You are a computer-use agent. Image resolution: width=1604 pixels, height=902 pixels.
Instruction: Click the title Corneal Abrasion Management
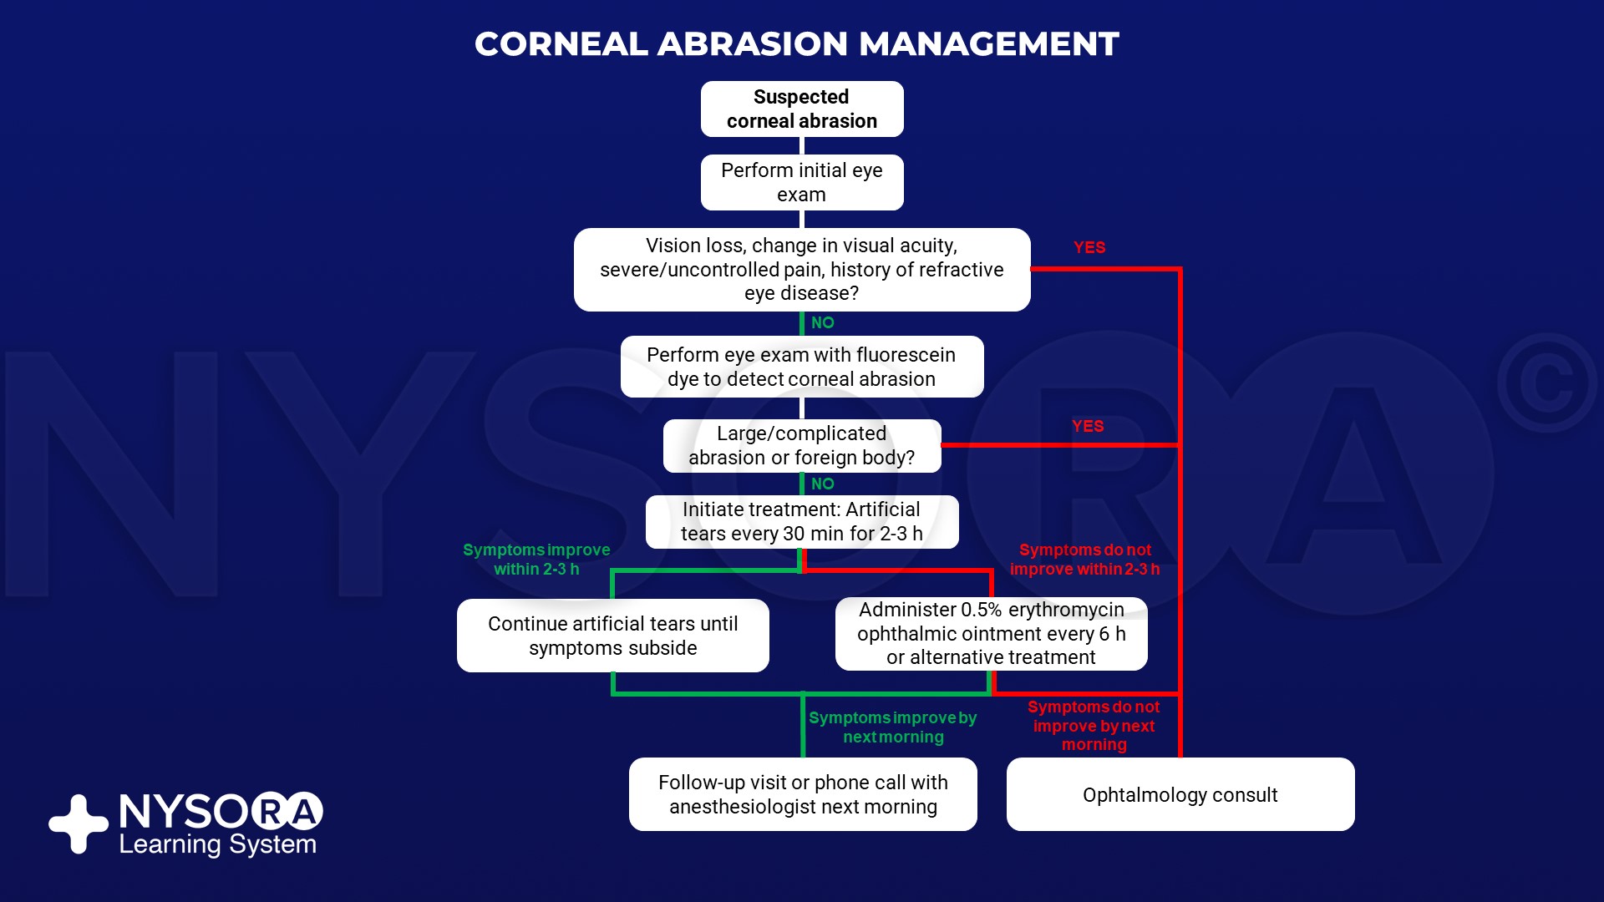click(796, 44)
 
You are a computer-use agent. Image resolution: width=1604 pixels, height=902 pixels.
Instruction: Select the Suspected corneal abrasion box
click(801, 109)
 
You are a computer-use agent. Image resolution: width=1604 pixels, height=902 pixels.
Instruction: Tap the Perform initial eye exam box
click(801, 182)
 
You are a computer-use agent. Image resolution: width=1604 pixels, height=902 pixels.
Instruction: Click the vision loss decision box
click(801, 269)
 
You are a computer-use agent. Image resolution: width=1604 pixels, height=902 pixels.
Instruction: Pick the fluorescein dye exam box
click(801, 367)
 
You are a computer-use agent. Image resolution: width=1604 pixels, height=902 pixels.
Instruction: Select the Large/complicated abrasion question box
click(801, 445)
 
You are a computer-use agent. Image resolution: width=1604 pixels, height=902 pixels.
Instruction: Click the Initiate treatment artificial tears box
click(801, 521)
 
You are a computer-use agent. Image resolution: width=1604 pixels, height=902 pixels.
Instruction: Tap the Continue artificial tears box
click(612, 636)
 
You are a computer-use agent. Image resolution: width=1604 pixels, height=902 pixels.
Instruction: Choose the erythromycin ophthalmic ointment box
click(991, 633)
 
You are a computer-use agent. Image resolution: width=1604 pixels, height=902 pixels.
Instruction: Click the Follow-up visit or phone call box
click(802, 794)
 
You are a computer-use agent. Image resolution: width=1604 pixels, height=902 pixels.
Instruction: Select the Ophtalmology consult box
click(1180, 794)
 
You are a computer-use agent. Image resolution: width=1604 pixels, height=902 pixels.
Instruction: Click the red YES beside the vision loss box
click(1089, 247)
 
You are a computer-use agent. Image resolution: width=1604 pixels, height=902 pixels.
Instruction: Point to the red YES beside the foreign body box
click(1088, 426)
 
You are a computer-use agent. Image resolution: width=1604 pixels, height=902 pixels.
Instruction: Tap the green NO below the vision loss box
click(822, 322)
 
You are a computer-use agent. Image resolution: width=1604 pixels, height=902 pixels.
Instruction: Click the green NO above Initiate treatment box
click(822, 484)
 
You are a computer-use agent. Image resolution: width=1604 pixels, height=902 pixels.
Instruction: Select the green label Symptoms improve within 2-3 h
click(536, 560)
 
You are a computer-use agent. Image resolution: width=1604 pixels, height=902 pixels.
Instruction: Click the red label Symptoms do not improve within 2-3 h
click(1084, 560)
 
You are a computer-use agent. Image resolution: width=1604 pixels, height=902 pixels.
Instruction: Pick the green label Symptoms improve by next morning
click(892, 727)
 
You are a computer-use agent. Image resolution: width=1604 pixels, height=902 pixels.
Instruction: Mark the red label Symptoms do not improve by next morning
click(1093, 726)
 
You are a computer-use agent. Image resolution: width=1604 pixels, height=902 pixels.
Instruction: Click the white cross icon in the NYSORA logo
click(79, 823)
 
